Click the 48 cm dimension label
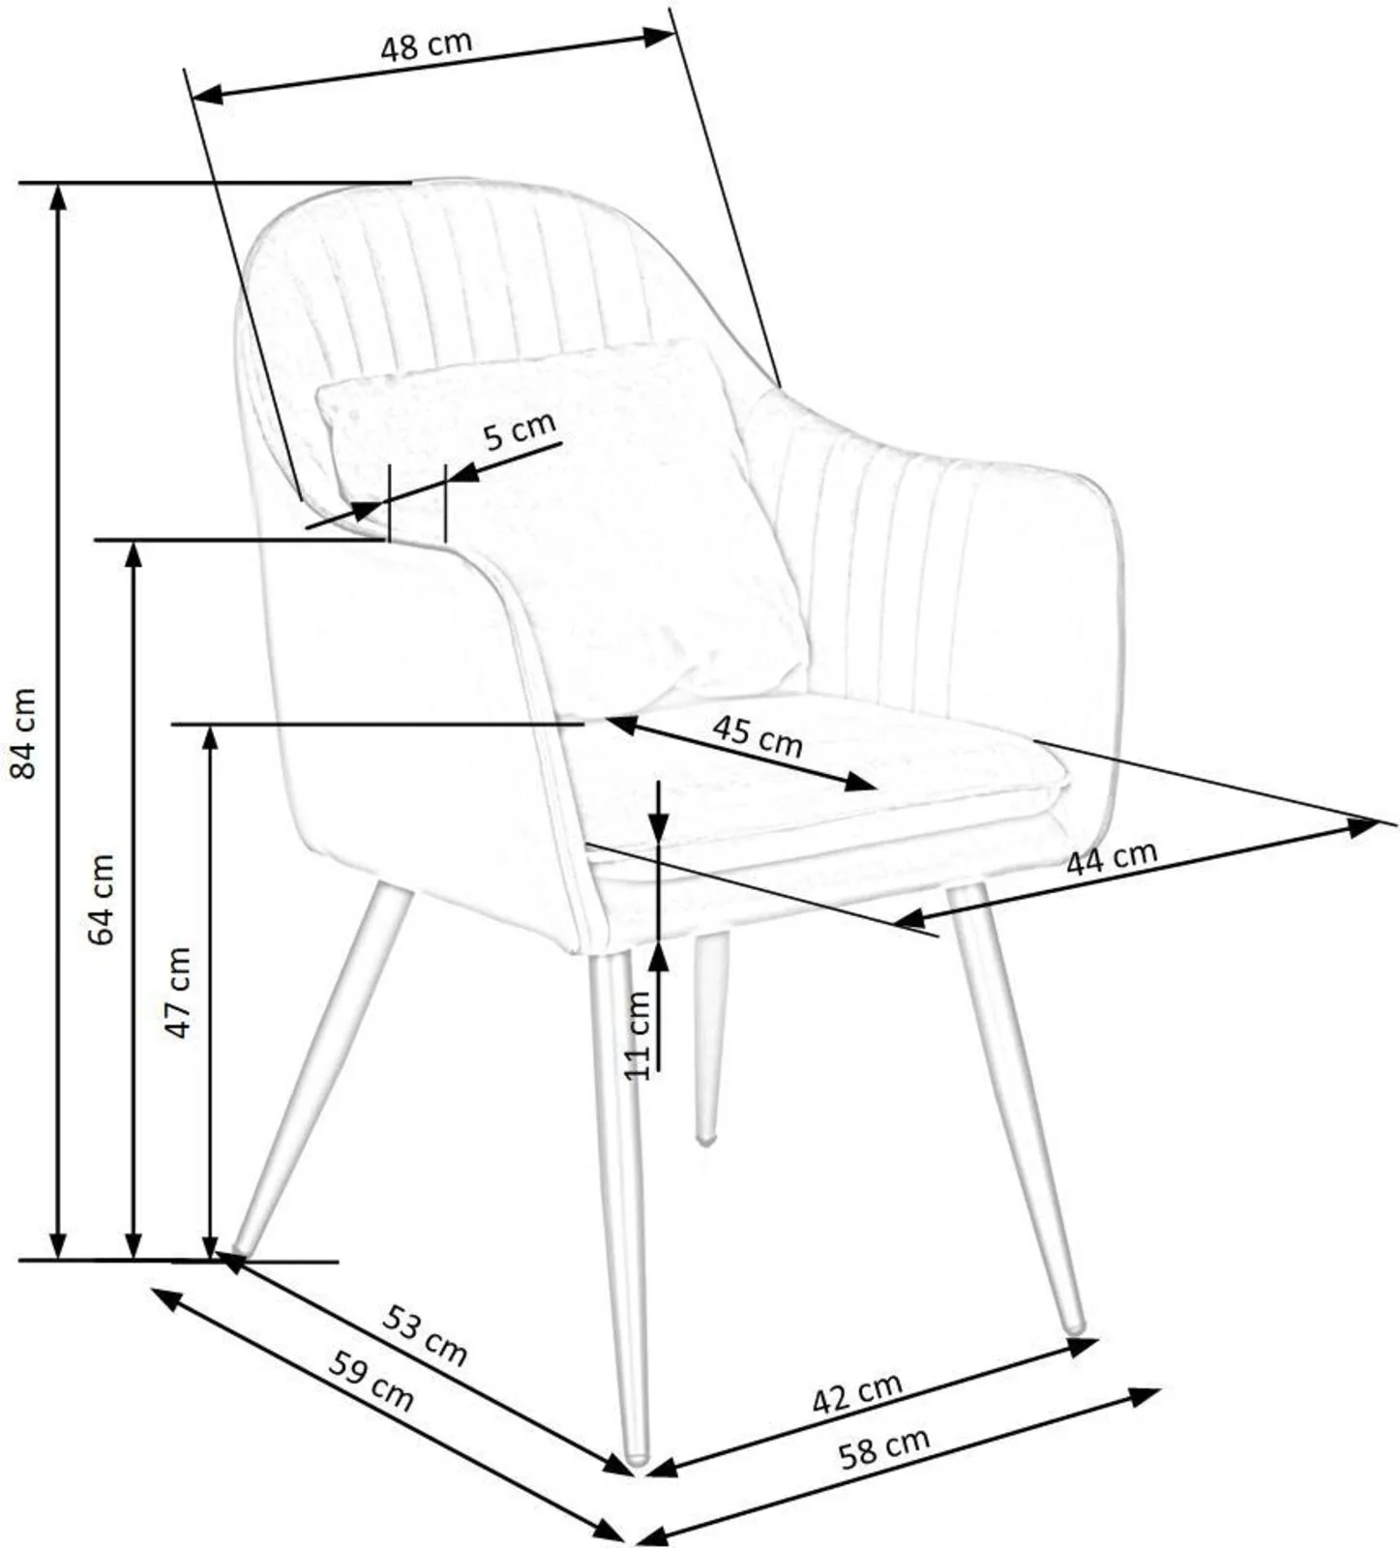[x=426, y=45]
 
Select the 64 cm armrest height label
[x=100, y=899]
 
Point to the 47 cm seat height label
[x=178, y=993]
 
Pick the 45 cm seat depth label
[x=759, y=735]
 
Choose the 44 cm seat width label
[x=1112, y=857]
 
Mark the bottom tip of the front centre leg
[x=637, y=1457]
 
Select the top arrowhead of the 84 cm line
[x=59, y=195]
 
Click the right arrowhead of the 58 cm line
[x=1146, y=1397]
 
